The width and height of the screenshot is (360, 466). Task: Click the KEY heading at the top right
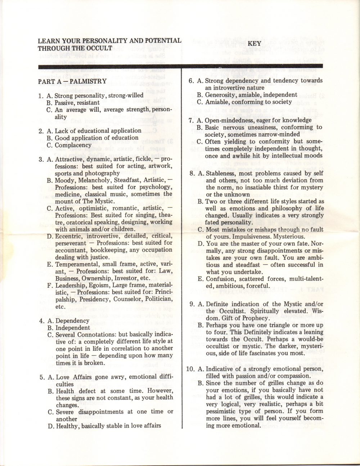pos(254,43)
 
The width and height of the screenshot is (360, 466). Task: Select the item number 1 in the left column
pos(41,95)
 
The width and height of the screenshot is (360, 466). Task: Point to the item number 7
pos(192,120)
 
